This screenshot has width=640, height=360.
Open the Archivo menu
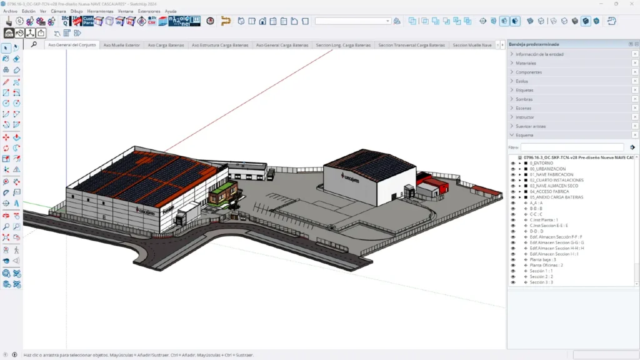[x=10, y=11]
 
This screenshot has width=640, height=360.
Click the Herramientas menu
[x=100, y=11]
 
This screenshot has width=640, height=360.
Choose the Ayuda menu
[x=171, y=11]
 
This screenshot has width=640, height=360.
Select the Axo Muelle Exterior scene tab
[x=122, y=45]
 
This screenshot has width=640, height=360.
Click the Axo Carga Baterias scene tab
[x=166, y=45]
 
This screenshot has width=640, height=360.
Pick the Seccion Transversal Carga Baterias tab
[x=412, y=45]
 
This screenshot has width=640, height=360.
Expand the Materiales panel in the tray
[x=526, y=63]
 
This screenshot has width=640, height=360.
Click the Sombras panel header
[x=524, y=99]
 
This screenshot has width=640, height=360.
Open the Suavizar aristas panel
[x=531, y=126]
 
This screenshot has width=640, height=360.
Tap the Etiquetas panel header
[x=525, y=90]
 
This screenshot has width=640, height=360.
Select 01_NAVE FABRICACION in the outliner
[x=551, y=174]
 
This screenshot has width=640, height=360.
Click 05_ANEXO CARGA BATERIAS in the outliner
[x=557, y=197]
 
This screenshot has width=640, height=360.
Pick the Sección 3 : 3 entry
[x=541, y=282]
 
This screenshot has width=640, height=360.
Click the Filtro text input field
[x=572, y=147]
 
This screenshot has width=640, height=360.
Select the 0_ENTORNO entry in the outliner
[x=546, y=163]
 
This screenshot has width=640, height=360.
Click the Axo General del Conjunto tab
[x=72, y=45]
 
